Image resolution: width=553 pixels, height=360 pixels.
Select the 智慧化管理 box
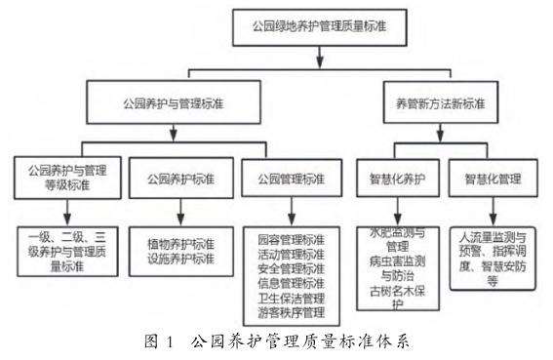tap(493, 180)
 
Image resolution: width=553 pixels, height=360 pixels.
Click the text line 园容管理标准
tap(292, 239)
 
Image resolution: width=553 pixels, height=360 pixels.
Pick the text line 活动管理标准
tap(292, 254)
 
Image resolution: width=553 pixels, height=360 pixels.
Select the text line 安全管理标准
tap(292, 268)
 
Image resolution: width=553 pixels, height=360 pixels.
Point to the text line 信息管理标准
tap(292, 283)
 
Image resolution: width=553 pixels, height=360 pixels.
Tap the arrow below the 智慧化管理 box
tap(493, 215)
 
